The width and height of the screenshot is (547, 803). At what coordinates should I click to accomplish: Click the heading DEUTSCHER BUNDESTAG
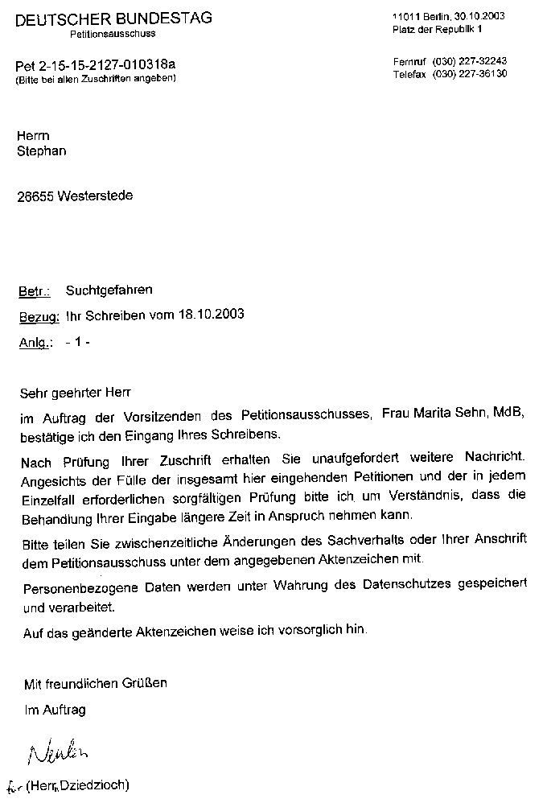[113, 18]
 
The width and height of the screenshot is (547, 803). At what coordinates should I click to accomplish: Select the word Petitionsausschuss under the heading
[113, 35]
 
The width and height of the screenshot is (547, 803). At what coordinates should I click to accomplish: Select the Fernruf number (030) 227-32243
[470, 61]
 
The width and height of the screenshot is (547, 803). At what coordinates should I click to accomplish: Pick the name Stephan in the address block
[42, 150]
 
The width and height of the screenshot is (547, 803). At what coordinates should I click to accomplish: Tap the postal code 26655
[35, 196]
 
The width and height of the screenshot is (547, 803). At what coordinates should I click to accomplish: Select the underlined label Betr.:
[35, 290]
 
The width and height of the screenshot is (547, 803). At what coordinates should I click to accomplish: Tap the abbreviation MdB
[510, 414]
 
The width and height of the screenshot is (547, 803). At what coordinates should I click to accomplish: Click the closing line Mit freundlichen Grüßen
[96, 683]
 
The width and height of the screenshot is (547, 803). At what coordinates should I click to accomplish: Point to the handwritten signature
[56, 754]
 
